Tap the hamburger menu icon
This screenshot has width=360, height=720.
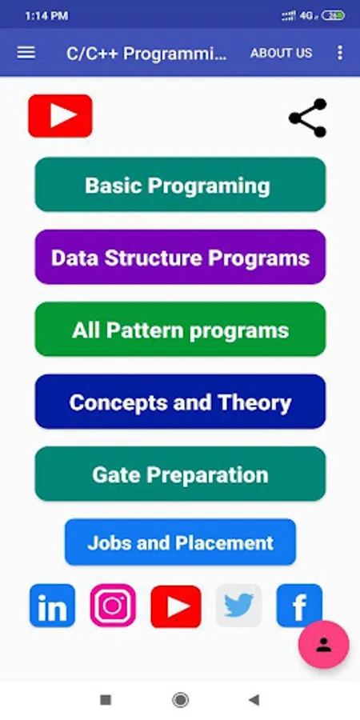[x=26, y=53]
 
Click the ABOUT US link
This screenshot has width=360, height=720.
[x=281, y=54]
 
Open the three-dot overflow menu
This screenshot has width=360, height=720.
[x=340, y=53]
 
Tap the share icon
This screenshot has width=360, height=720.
[x=308, y=118]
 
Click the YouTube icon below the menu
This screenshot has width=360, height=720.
[x=60, y=116]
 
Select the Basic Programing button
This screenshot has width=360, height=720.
[x=181, y=185]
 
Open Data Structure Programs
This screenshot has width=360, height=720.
[x=181, y=257]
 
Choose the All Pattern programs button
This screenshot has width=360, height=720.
[x=181, y=330]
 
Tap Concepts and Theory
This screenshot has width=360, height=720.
[x=181, y=402]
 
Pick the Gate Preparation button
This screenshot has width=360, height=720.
[x=181, y=474]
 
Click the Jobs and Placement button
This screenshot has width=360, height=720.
[x=181, y=542]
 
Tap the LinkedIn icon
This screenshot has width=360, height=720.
[x=52, y=606]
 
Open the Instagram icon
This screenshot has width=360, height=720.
[x=113, y=606]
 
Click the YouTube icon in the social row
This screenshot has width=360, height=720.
[x=176, y=606]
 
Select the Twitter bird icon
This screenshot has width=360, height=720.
[x=238, y=606]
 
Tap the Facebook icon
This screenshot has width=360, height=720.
[x=299, y=606]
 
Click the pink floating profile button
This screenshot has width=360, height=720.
[x=324, y=644]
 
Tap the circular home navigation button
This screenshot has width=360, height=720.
[x=180, y=700]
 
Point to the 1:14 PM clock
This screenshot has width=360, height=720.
[x=46, y=16]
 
